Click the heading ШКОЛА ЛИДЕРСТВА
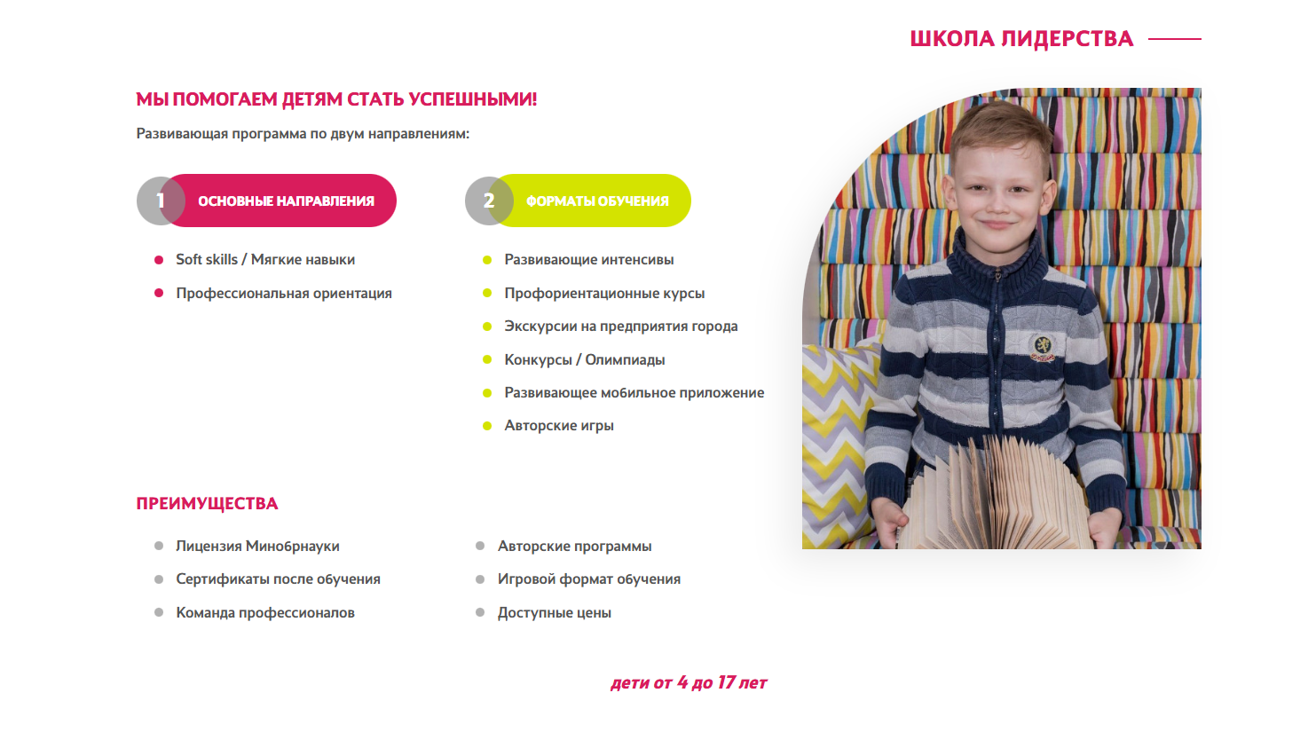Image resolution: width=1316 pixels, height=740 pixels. [1021, 39]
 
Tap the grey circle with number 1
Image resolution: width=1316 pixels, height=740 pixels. [157, 201]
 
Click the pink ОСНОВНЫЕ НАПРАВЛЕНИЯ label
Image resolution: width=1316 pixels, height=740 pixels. [286, 201]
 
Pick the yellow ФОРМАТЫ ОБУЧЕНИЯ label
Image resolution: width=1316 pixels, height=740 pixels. [597, 201]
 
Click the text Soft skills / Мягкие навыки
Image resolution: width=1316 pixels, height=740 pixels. [265, 260]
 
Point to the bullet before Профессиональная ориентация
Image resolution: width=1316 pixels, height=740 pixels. [159, 293]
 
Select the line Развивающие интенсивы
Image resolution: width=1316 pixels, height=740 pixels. [589, 260]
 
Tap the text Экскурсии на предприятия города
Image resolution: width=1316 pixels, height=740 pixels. [621, 327]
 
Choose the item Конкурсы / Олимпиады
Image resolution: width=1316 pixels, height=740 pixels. [585, 359]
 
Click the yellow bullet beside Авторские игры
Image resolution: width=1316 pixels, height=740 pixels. [487, 426]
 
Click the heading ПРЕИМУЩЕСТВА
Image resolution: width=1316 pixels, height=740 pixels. [207, 504]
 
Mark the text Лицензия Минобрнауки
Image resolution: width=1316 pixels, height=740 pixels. [257, 547]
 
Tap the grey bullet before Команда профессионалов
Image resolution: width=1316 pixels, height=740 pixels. [159, 612]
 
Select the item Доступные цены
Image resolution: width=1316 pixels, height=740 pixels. [555, 613]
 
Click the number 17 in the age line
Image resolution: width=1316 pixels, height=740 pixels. [726, 682]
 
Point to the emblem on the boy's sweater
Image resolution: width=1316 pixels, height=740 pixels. [1043, 347]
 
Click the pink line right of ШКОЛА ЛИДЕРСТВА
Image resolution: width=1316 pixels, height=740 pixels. [1174, 39]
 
